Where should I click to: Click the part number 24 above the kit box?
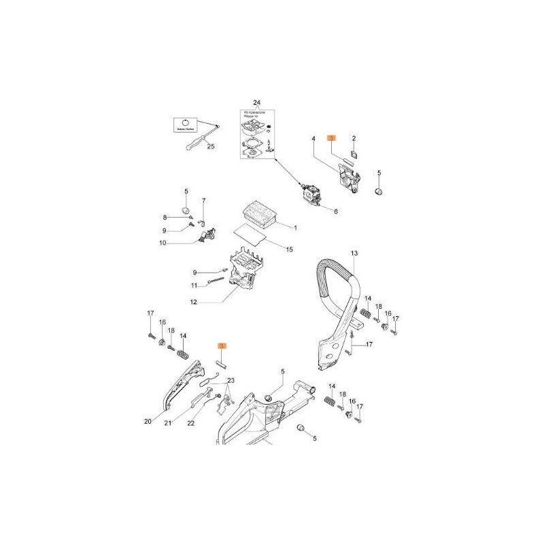pyautogui.click(x=257, y=103)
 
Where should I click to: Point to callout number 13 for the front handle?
pyautogui.click(x=354, y=254)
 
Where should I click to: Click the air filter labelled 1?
pyautogui.click(x=258, y=214)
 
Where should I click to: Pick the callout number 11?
pyautogui.click(x=193, y=285)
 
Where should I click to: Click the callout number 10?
pyautogui.click(x=163, y=243)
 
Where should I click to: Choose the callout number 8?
pyautogui.click(x=164, y=217)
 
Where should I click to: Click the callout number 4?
pyautogui.click(x=313, y=139)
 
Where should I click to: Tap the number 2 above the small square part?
pyautogui.click(x=354, y=137)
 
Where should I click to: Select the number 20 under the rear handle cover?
pyautogui.click(x=148, y=422)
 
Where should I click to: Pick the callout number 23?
pyautogui.click(x=231, y=380)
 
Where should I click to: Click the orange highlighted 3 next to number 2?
pyautogui.click(x=332, y=137)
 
